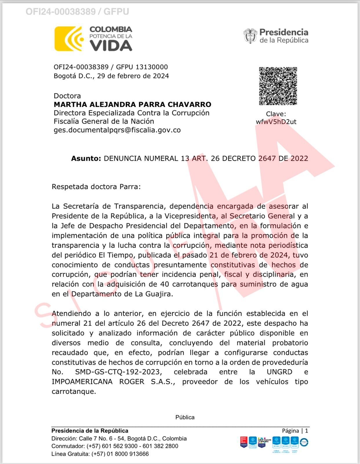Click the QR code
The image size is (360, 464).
278,86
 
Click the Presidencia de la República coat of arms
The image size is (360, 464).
250,36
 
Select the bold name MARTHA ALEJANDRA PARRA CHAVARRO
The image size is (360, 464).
132,104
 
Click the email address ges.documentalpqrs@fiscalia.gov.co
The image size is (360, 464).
117,130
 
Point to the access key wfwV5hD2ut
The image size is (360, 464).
276,122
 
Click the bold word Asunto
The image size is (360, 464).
86,159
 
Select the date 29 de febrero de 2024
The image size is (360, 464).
133,76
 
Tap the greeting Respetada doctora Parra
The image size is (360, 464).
96,186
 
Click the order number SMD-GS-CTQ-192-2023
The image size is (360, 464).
117,372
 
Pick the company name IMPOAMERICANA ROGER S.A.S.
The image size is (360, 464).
113,382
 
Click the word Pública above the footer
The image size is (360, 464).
185,417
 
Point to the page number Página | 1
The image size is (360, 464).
295,431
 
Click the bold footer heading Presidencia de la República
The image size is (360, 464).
90,431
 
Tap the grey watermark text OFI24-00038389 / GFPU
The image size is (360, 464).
77,12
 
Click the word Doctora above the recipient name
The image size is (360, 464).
67,96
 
